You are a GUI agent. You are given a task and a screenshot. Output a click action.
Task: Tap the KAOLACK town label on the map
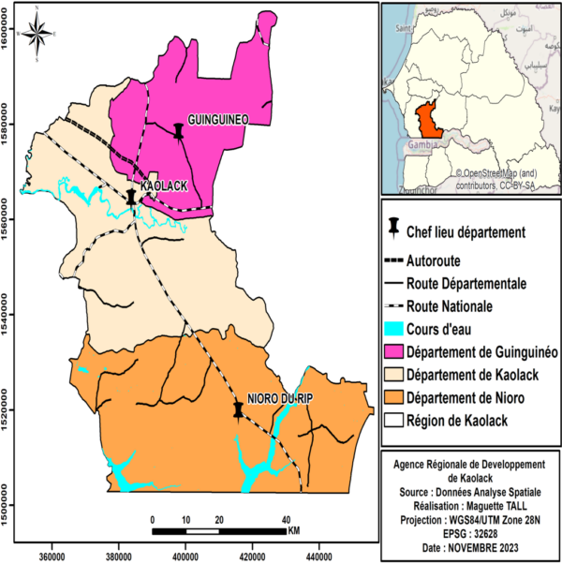(x=164, y=186)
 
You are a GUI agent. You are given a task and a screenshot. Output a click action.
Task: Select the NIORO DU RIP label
(x=280, y=397)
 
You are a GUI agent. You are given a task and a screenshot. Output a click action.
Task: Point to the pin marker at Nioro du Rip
(x=238, y=409)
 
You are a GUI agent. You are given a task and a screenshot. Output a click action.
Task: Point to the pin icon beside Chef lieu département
(x=394, y=230)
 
